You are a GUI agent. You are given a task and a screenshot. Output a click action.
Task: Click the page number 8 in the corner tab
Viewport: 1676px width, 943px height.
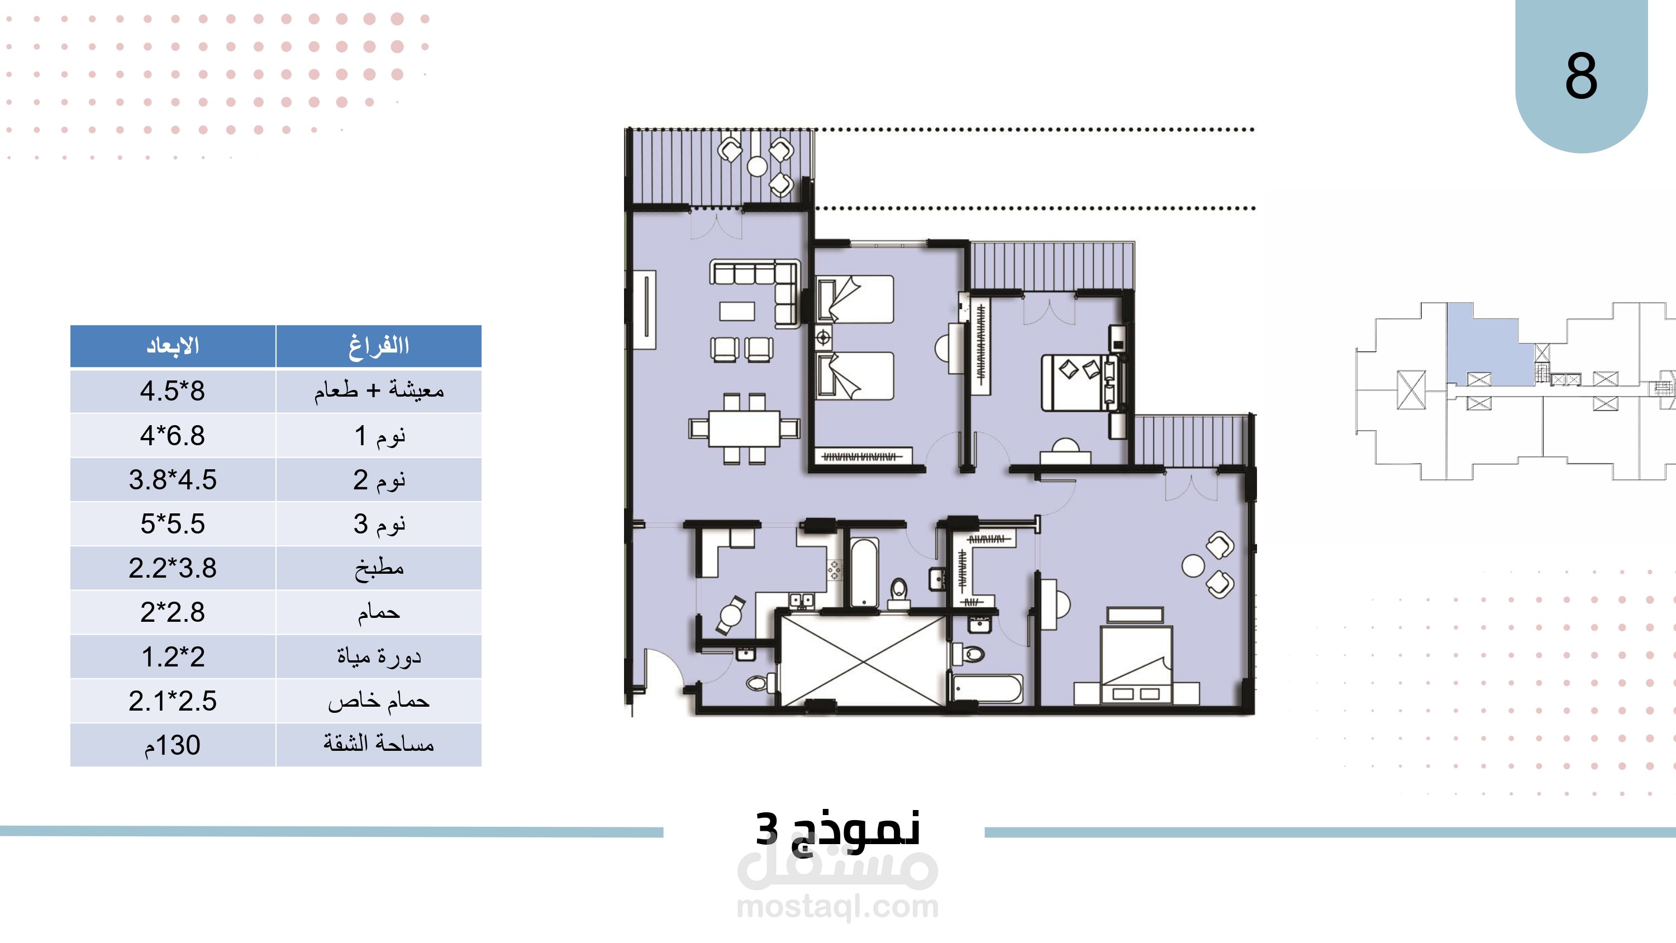(x=1581, y=76)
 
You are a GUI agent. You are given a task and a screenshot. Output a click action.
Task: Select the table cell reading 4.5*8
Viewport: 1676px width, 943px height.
(x=173, y=391)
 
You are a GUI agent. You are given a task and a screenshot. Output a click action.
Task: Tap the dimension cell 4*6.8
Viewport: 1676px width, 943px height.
(x=173, y=435)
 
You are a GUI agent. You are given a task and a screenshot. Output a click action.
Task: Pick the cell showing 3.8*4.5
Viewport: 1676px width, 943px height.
(x=173, y=480)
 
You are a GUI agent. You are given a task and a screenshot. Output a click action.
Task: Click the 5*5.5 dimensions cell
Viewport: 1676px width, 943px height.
(x=173, y=524)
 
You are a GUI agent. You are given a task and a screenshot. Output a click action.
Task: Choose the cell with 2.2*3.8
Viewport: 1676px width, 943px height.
(x=173, y=568)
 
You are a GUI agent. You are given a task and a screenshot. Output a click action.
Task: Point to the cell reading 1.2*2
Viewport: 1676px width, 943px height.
(x=173, y=656)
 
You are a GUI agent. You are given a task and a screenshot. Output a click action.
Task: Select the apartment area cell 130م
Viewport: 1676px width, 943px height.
(x=173, y=745)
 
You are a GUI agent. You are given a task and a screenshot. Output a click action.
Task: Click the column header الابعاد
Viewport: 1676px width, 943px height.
(x=173, y=346)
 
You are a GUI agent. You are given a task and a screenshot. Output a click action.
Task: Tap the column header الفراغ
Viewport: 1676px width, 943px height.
(x=379, y=346)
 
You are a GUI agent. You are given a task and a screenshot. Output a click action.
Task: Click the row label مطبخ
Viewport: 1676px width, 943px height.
(x=379, y=568)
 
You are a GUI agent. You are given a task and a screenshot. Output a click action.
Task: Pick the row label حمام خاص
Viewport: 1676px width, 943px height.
(x=379, y=701)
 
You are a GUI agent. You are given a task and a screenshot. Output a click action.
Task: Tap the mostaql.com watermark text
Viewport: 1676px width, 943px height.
(x=838, y=906)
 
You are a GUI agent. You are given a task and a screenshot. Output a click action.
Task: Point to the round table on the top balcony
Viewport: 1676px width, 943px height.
(x=756, y=166)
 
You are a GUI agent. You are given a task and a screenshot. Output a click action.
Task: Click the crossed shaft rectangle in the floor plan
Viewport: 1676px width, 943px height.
(x=862, y=660)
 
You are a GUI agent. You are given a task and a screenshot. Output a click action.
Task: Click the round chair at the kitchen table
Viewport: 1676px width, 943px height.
(x=732, y=614)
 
